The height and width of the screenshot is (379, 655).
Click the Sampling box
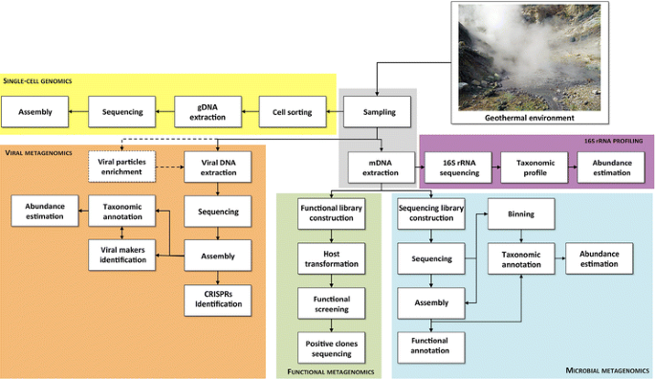click(379, 112)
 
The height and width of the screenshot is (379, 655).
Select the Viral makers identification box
click(122, 254)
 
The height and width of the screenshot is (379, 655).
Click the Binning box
click(522, 214)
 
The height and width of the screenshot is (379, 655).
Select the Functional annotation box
click(430, 346)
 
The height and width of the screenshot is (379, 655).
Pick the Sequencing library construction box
click(430, 214)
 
